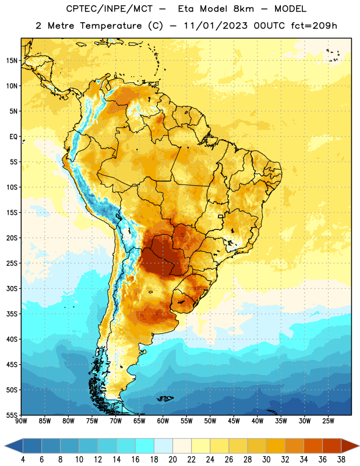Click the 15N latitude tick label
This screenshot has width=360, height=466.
point(12,61)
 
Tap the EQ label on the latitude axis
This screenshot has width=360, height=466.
point(13,137)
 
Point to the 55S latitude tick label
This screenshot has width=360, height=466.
point(12,415)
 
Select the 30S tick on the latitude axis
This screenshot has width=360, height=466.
point(12,288)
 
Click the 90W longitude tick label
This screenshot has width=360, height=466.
point(21,421)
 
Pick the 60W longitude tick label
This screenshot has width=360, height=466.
point(163,421)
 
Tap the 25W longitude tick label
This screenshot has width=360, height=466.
point(328,421)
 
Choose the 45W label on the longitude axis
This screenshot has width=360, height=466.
point(234,421)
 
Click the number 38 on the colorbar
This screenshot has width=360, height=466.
point(341,460)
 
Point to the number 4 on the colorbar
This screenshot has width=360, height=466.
point(23,460)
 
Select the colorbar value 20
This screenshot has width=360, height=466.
point(172,460)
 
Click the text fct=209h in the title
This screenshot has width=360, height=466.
point(314,26)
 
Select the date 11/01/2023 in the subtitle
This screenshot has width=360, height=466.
point(215,26)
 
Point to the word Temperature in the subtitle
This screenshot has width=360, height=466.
point(111,26)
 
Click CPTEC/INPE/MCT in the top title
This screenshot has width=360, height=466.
point(109,9)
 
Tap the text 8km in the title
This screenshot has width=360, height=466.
point(243,9)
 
